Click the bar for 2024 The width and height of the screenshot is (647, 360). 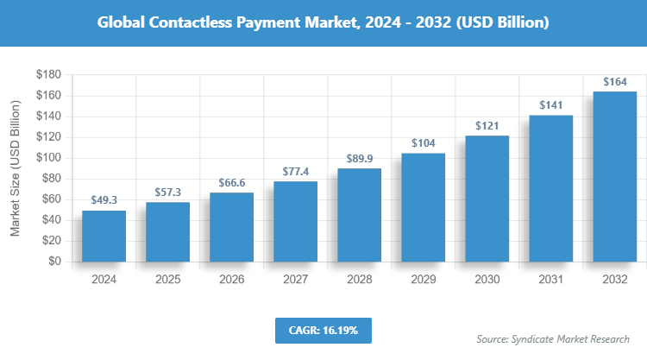click(104, 236)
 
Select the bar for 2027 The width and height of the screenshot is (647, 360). click(295, 221)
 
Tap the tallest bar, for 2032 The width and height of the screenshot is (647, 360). click(614, 176)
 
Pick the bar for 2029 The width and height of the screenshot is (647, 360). click(423, 207)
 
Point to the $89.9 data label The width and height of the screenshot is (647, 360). click(359, 159)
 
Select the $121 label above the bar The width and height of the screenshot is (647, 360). click(487, 126)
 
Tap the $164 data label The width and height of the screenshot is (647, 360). click(614, 82)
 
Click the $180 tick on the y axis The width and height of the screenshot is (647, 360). click(47, 75)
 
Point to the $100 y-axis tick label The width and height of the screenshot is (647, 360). click(47, 158)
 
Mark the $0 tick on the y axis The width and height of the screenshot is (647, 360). click(53, 262)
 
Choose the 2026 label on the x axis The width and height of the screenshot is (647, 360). click(231, 280)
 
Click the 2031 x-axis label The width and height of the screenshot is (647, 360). click(550, 280)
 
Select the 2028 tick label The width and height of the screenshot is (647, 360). click(359, 280)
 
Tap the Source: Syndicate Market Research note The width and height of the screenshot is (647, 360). click(553, 338)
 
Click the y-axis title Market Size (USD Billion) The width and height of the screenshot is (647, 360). click(15, 167)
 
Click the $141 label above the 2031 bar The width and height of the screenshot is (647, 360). click(550, 105)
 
